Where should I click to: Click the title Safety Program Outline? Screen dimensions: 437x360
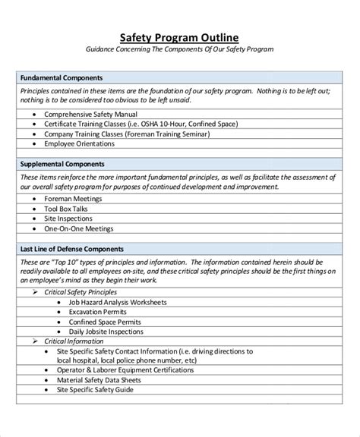point(180,37)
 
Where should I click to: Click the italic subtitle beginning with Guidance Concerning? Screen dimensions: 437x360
point(180,50)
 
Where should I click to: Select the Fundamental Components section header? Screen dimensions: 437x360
point(62,77)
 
